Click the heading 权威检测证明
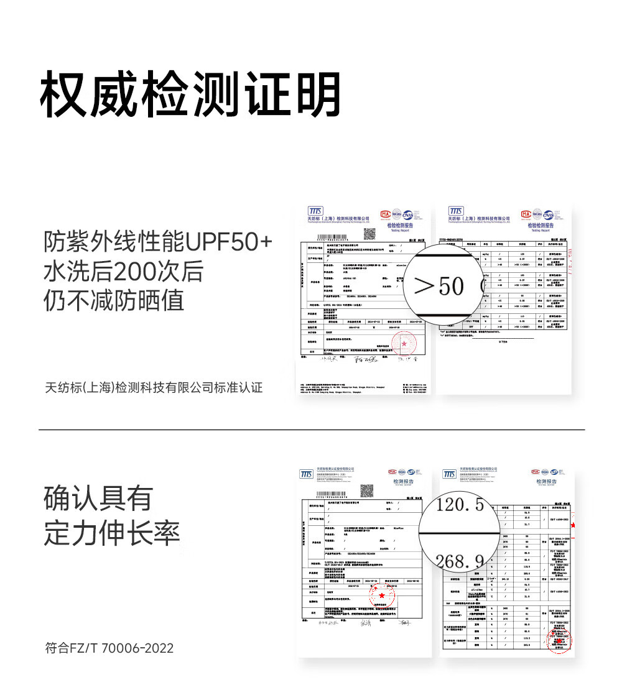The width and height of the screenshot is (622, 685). click(x=190, y=95)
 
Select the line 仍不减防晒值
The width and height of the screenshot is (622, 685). click(x=114, y=301)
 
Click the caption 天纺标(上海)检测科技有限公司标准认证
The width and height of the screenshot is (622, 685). click(x=154, y=388)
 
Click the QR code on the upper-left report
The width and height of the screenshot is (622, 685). click(x=370, y=234)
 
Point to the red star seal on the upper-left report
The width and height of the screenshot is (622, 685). click(x=405, y=343)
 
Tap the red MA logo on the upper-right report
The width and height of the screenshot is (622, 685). click(x=526, y=214)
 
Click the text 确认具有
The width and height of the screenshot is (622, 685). click(x=98, y=499)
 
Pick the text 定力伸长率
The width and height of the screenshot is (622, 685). click(x=112, y=533)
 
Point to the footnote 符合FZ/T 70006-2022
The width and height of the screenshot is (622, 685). click(x=109, y=648)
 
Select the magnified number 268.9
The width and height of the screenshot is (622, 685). click(x=459, y=561)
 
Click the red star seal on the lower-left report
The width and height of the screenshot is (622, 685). click(x=381, y=595)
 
